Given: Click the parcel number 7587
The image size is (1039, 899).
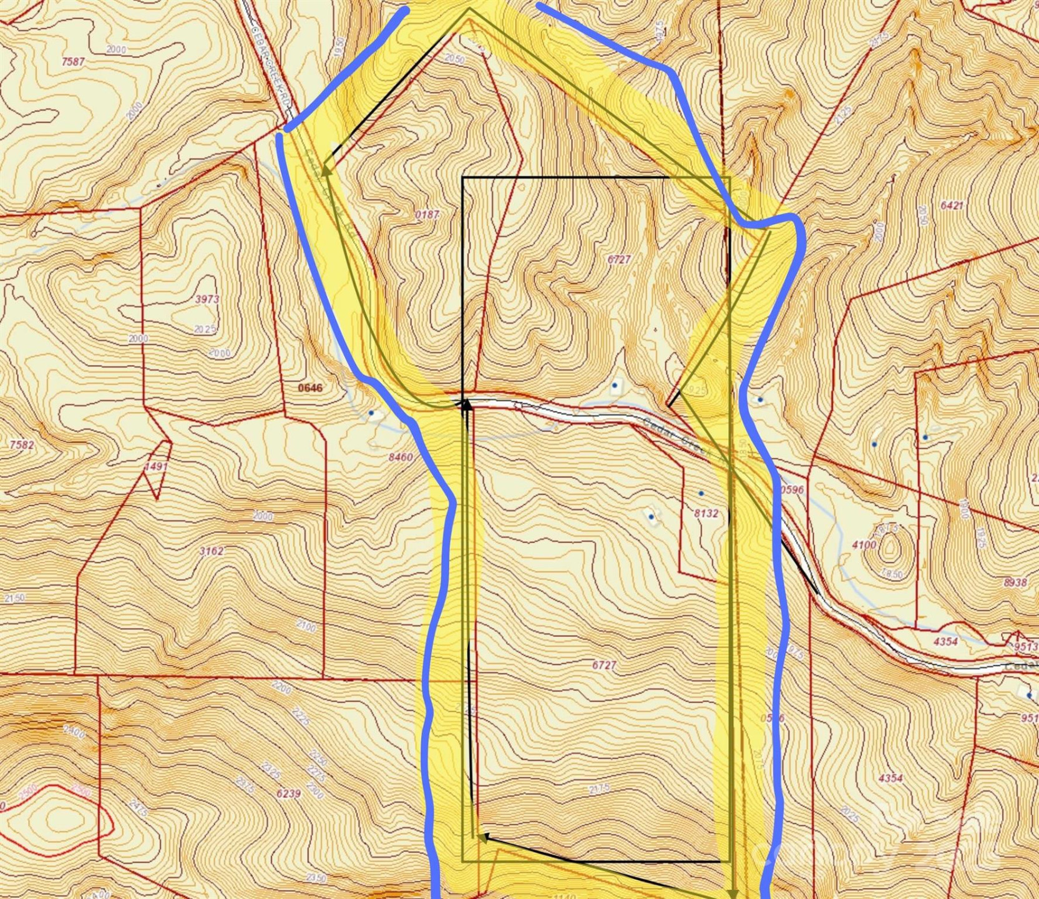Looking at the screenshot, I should click(73, 61).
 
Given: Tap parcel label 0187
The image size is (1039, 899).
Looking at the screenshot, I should click(427, 214).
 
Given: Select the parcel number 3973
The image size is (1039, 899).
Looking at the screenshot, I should click(207, 299).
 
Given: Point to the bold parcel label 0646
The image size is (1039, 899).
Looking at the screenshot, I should click(310, 388).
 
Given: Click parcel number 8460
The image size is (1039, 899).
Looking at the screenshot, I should click(401, 457).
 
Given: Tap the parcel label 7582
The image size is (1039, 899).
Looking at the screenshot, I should click(22, 445).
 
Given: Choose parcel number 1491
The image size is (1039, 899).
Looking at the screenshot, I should click(156, 466).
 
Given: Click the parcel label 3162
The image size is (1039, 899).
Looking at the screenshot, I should click(212, 551).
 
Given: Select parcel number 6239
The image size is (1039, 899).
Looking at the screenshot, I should click(288, 793).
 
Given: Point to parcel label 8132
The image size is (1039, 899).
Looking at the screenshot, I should click(706, 513).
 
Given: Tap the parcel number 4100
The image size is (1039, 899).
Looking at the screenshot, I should click(864, 544).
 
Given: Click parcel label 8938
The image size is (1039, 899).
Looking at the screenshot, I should click(1015, 582).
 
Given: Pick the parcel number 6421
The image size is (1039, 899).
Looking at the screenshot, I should click(952, 205).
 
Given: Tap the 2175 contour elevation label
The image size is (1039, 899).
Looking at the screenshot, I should click(599, 789).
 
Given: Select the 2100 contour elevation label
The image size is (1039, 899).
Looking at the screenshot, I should click(306, 626).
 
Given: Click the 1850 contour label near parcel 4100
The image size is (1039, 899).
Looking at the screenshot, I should click(893, 574).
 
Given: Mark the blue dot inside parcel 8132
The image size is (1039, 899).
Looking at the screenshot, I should click(701, 493).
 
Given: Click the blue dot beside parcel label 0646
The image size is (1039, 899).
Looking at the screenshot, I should click(371, 413).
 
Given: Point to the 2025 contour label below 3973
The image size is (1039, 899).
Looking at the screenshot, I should click(205, 329).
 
